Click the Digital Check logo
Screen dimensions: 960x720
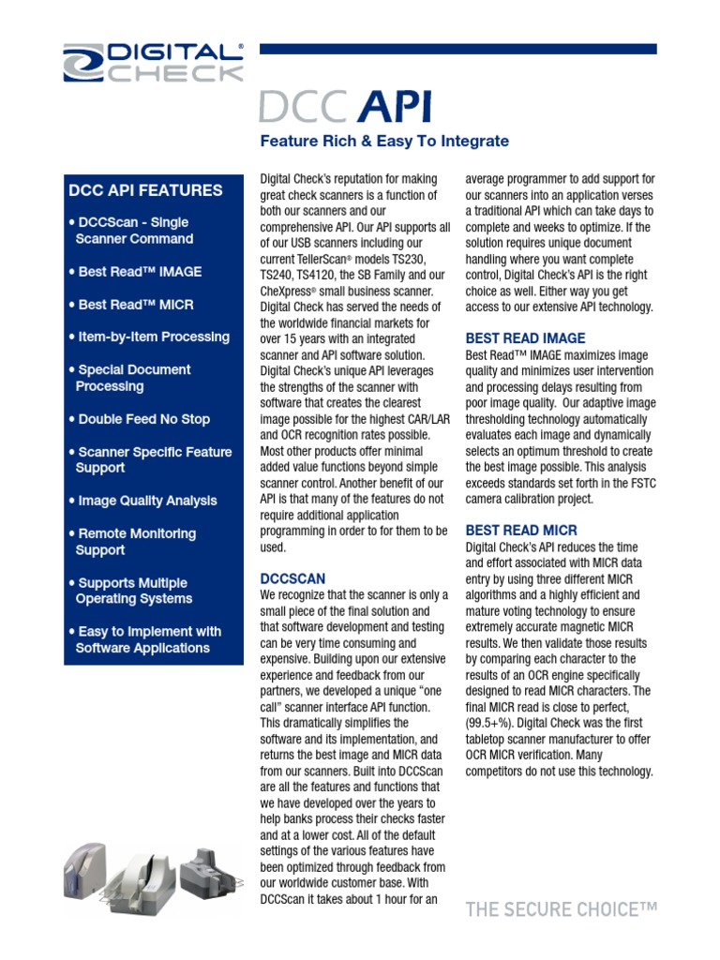[153, 62]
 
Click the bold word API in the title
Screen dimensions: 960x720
[395, 108]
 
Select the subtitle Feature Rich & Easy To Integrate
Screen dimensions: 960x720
[383, 142]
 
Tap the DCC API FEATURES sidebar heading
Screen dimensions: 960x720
[145, 190]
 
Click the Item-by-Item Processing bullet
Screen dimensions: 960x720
[149, 337]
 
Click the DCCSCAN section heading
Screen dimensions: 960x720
[292, 579]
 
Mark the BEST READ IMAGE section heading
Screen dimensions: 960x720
[525, 337]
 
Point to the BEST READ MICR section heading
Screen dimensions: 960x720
[521, 530]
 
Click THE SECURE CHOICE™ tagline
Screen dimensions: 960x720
[562, 908]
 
